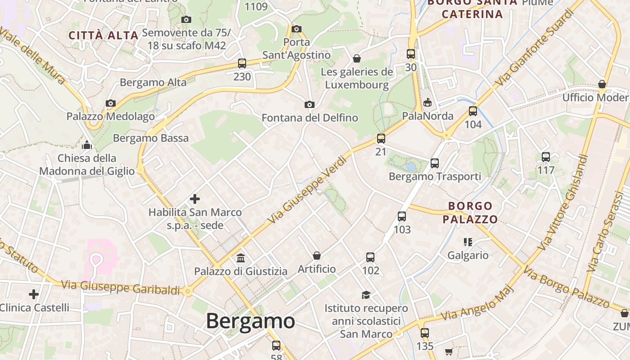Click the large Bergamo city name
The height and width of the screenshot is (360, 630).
(x=250, y=321)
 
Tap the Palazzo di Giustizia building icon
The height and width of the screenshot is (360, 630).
(x=241, y=258)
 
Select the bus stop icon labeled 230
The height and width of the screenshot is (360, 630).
(x=242, y=63)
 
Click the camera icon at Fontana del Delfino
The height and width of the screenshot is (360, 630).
(x=310, y=104)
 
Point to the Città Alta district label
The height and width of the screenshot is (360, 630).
(x=103, y=36)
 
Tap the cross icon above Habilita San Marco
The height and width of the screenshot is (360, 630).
(x=195, y=198)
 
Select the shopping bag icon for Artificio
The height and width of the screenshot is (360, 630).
(x=317, y=256)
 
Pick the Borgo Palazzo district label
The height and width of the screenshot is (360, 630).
(x=470, y=213)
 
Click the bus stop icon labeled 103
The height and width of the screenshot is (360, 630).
(x=402, y=216)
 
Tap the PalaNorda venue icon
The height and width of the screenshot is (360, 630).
(x=427, y=103)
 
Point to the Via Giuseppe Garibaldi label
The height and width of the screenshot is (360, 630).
(x=121, y=287)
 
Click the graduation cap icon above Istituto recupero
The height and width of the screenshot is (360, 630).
(x=366, y=295)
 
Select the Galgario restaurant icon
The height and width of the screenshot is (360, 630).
(x=468, y=242)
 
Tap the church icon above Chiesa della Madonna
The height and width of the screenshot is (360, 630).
(x=87, y=145)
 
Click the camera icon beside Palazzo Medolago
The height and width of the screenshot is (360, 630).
(x=111, y=103)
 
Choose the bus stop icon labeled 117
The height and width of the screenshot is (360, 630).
(x=546, y=157)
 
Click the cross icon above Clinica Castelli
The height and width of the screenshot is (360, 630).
(x=34, y=294)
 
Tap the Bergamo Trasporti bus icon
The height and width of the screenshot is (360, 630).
(x=435, y=163)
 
